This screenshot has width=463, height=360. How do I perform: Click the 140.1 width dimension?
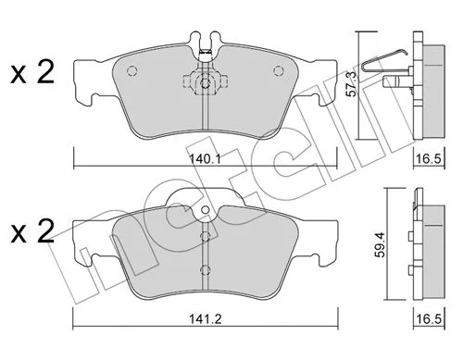tap(205, 159)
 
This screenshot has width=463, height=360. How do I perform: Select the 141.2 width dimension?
tap(206, 318)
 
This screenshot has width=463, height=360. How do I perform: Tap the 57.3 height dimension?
tap(351, 83)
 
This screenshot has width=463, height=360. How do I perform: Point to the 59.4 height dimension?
tap(382, 243)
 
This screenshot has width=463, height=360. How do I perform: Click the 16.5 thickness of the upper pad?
tap(429, 159)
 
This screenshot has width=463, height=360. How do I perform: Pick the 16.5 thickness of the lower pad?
tap(429, 318)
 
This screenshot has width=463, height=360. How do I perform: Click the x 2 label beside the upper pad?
tap(32, 72)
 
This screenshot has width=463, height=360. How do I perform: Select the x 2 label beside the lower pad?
tap(32, 231)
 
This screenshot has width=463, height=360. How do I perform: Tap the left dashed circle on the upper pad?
tap(131, 71)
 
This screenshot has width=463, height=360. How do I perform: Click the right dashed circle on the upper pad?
tap(279, 71)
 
